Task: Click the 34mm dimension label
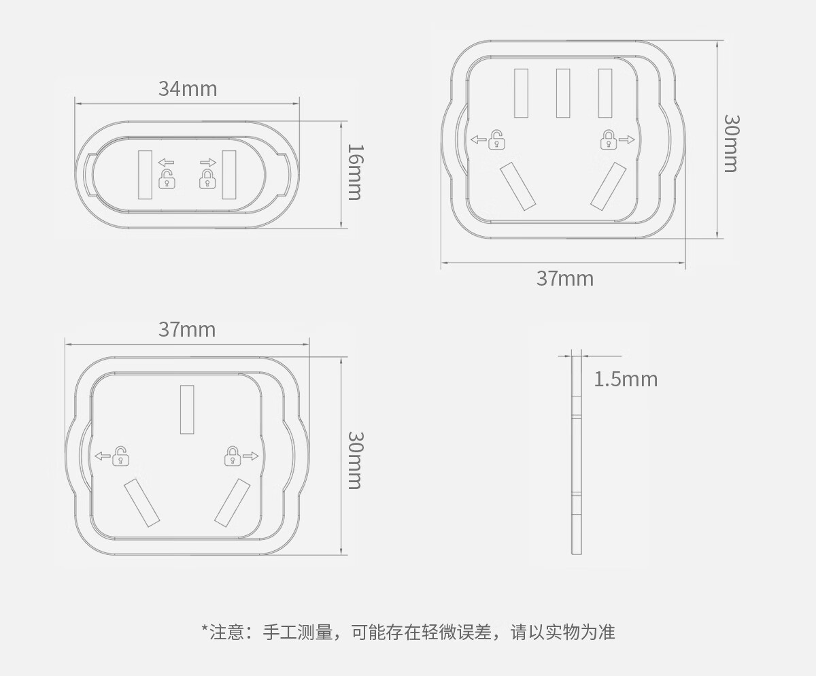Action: coord(188,88)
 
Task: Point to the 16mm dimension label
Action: coord(354,171)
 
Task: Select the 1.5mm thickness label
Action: coord(626,379)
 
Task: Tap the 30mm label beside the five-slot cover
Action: coord(730,143)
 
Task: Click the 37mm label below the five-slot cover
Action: coord(564,278)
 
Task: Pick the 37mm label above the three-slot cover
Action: coord(187,329)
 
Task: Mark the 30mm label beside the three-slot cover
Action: coord(354,460)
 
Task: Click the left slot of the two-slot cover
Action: coord(145,175)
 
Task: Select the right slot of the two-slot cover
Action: coord(228,175)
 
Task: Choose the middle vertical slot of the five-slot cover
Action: coord(563,93)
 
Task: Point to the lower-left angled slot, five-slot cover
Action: coord(517,186)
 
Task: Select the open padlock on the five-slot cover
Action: coord(498,139)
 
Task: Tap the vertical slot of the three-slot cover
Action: coord(187,409)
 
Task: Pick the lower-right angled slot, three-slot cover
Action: coord(233,503)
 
